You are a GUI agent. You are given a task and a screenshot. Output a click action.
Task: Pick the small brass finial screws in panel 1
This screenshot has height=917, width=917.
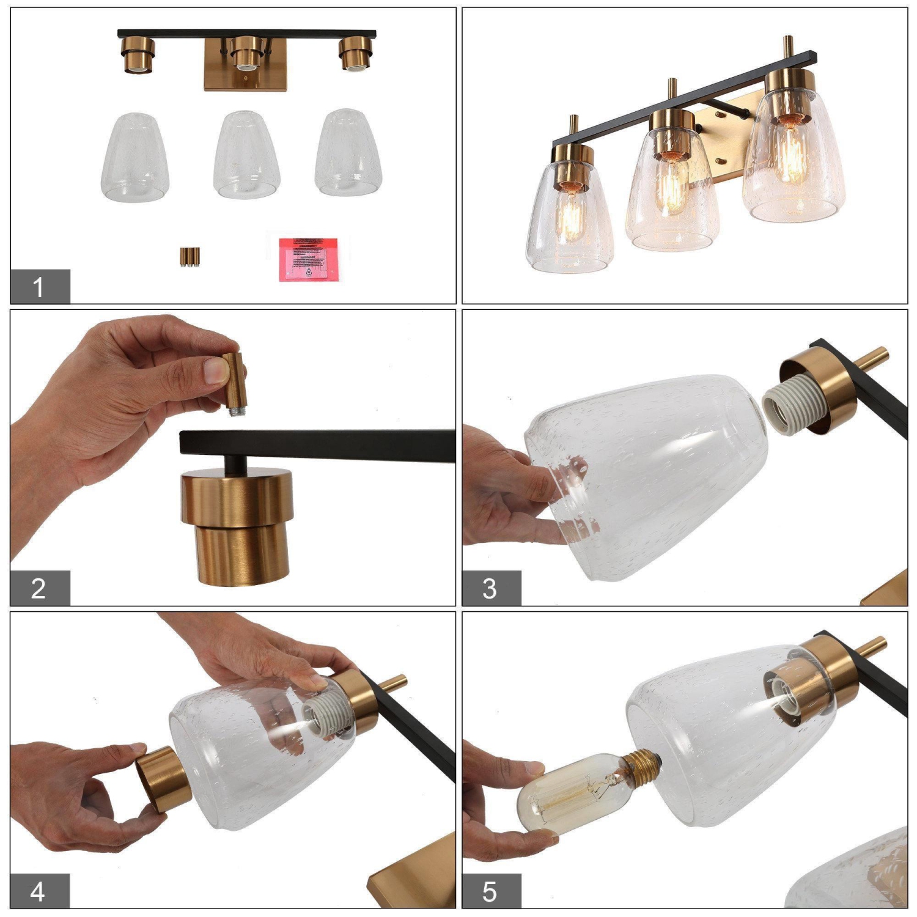[190, 256]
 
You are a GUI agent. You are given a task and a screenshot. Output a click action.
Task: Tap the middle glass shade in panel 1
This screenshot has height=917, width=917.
[246, 155]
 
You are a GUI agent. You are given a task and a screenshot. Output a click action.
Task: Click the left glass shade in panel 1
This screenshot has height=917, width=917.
[135, 157]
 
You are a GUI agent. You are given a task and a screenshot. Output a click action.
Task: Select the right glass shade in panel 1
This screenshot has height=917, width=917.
[348, 153]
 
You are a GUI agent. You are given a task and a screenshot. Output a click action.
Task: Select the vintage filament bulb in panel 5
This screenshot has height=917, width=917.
[575, 792]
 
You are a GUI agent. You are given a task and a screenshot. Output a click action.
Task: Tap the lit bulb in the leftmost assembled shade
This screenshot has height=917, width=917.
[572, 217]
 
